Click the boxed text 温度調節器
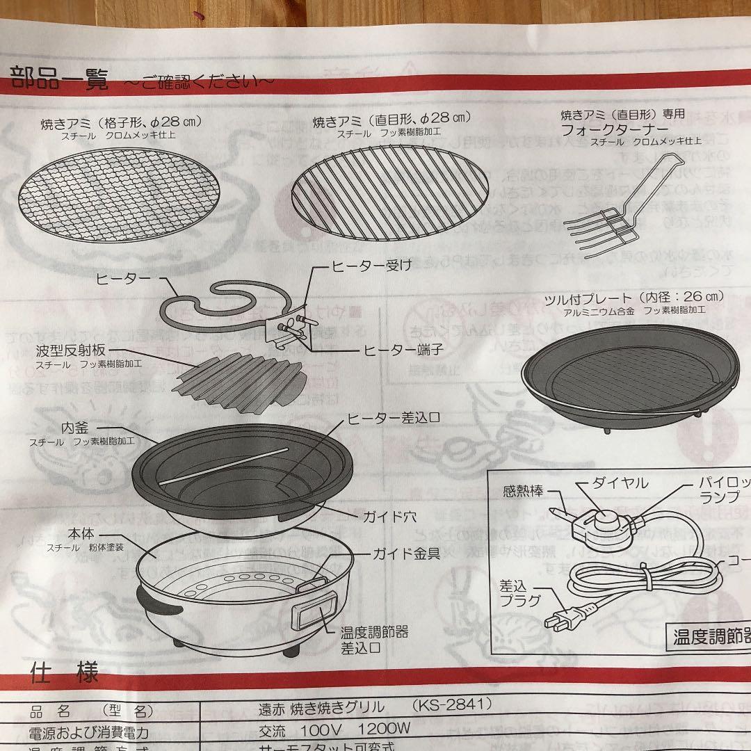tap(709, 637)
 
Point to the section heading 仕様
tap(64, 673)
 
